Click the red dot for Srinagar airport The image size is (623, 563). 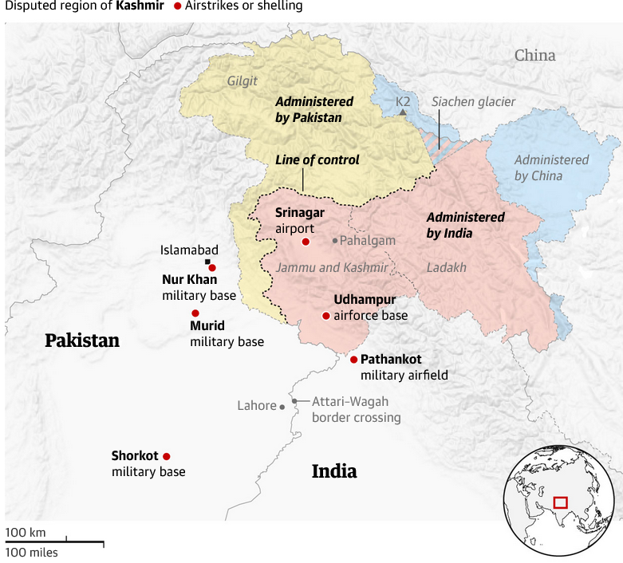(306, 241)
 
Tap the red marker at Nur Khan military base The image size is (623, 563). (212, 268)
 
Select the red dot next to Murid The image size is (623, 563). (195, 313)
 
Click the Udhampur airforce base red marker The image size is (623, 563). (325, 316)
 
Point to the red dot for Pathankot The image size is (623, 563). (353, 360)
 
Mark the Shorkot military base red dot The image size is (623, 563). (167, 456)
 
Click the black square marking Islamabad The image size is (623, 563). (208, 262)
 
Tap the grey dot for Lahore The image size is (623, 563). (282, 407)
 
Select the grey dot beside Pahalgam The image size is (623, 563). (335, 240)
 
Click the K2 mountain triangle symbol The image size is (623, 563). (404, 112)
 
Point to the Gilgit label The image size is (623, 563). (242, 81)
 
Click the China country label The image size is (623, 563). (534, 55)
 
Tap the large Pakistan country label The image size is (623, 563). (82, 341)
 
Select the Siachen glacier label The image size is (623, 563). (473, 101)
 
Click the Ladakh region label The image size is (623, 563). (446, 267)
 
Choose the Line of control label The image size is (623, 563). (317, 159)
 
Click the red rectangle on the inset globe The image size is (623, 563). (560, 502)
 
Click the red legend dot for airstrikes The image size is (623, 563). (178, 6)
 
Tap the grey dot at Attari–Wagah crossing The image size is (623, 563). (294, 401)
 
